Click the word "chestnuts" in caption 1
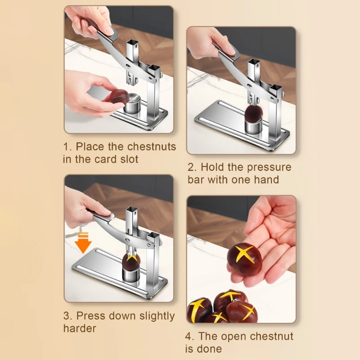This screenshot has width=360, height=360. [152, 147]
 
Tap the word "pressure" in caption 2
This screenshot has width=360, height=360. [269, 167]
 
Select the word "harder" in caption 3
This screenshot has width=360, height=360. [80, 328]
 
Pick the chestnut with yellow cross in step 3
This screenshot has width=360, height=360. [131, 261]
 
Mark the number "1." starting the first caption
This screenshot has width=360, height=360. [67, 147]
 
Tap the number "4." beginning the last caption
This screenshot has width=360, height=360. [190, 336]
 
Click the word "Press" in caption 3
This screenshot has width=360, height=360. [91, 316]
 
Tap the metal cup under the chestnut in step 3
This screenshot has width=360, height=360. [131, 275]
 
